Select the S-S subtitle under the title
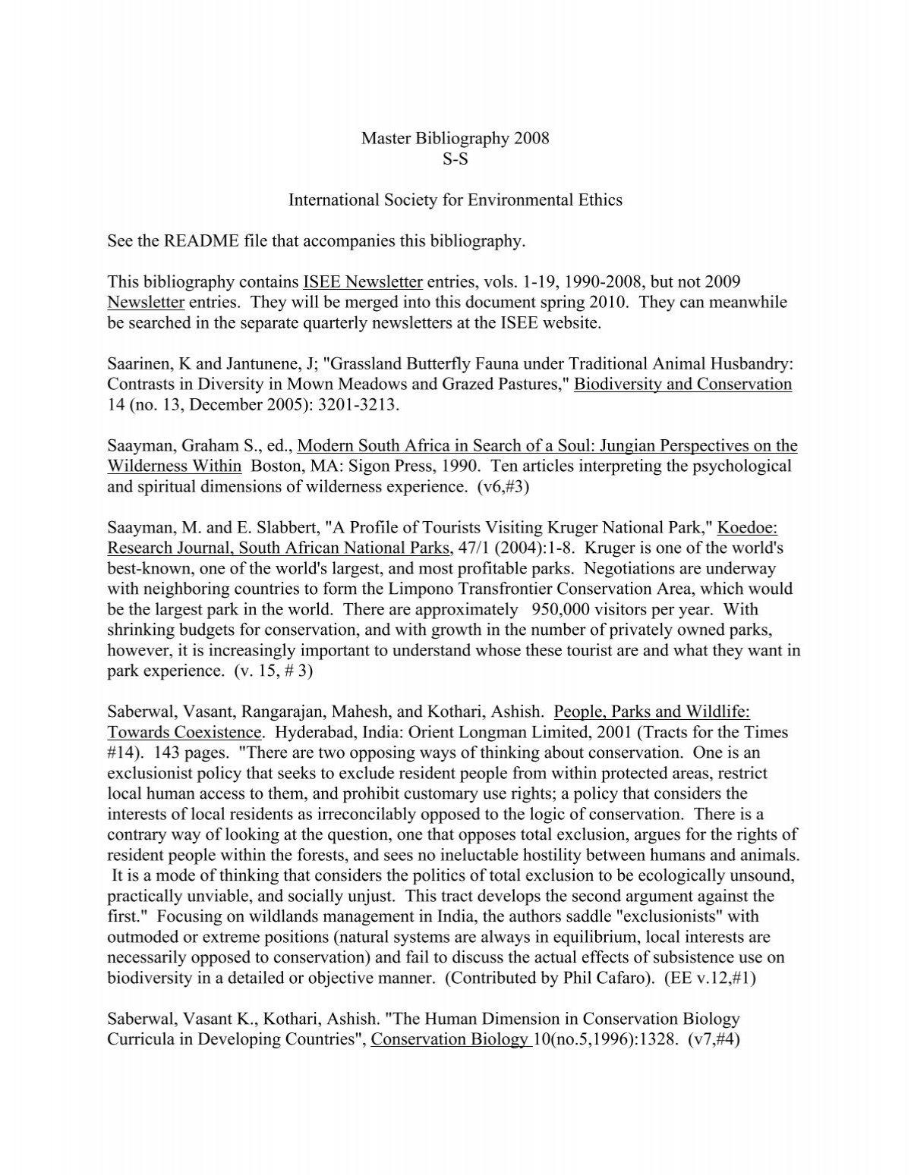click(x=455, y=159)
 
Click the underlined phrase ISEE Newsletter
click(x=362, y=282)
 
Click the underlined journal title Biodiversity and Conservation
click(x=682, y=385)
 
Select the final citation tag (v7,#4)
click(x=714, y=1039)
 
